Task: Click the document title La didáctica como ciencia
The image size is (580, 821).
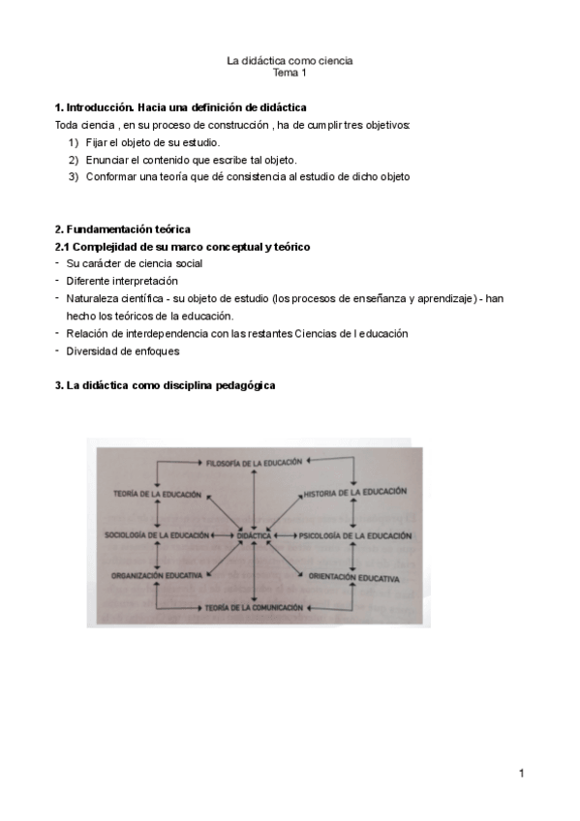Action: pos(290,61)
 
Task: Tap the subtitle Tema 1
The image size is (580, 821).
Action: pos(290,74)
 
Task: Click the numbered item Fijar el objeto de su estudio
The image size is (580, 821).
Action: pos(152,142)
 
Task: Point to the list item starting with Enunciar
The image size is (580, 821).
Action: pos(191,160)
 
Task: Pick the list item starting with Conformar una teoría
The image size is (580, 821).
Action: pos(247,177)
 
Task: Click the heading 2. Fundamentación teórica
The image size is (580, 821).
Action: pos(123,229)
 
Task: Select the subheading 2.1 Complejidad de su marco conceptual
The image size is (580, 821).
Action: pos(182,247)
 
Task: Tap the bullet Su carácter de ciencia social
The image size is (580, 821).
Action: pos(135,263)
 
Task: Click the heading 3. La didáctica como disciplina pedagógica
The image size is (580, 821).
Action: pos(166,385)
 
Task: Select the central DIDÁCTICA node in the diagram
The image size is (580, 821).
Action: pos(254,535)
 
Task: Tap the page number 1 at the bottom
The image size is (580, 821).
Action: pos(521,774)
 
